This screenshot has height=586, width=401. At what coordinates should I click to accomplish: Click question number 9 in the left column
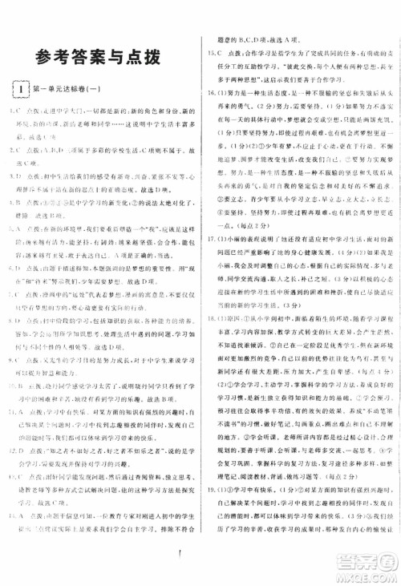click(x=15, y=382)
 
